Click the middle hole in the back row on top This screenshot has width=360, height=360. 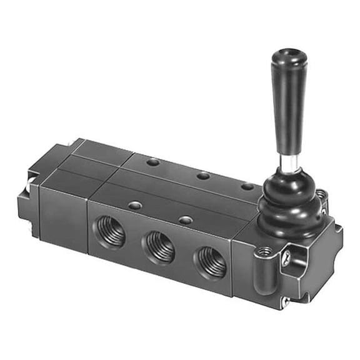(202, 176)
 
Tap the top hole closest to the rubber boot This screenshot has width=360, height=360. (247, 186)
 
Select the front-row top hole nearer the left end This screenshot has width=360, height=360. (133, 205)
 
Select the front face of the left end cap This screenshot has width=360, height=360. (62, 211)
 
